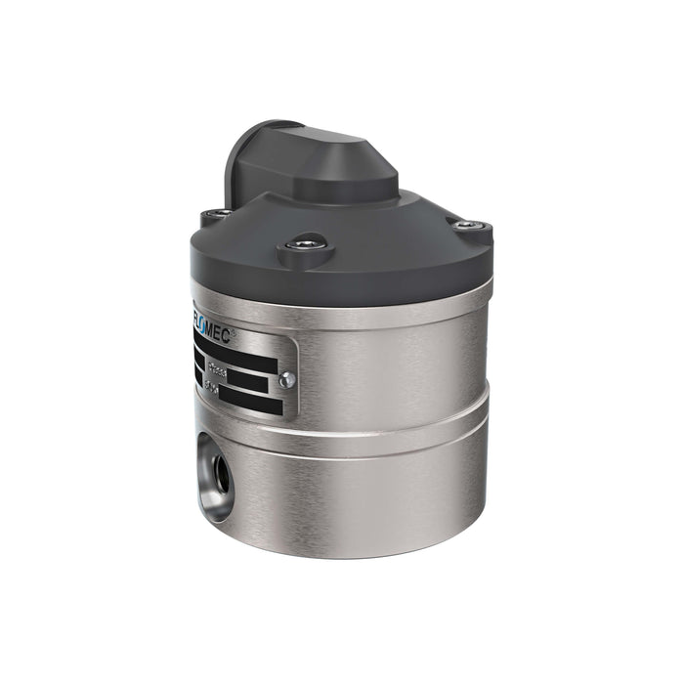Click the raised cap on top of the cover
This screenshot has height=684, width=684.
[322, 166]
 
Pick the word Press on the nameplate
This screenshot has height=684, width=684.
[217, 370]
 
